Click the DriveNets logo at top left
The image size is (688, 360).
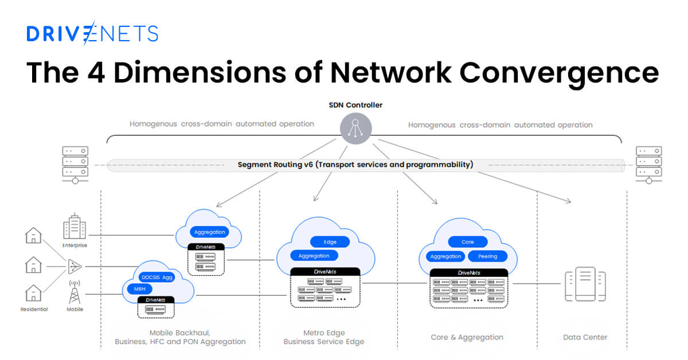tap(92, 34)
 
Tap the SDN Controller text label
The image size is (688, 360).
tap(355, 105)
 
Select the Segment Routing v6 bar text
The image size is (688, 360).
tap(355, 165)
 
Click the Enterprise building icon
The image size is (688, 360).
tap(75, 227)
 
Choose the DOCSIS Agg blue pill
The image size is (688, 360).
tap(157, 277)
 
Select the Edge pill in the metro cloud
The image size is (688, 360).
tap(330, 242)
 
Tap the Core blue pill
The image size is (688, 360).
tap(467, 242)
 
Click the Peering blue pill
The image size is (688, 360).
tap(487, 256)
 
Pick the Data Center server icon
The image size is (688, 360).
tap(585, 285)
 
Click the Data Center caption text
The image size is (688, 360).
tap(585, 337)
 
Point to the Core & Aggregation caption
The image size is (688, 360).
tap(467, 337)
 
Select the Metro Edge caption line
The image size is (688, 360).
tap(323, 332)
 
